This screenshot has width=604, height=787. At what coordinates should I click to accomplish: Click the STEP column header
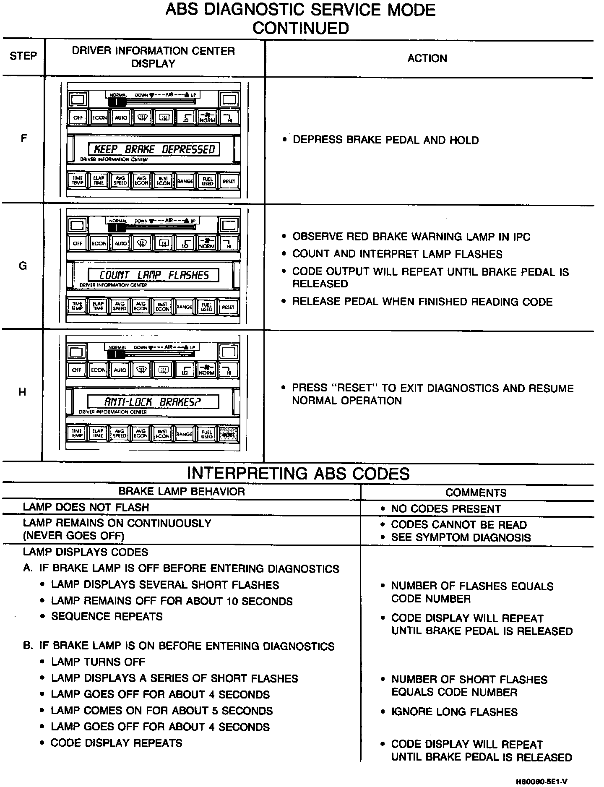pyautogui.click(x=23, y=56)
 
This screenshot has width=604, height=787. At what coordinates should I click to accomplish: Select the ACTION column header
pyautogui.click(x=427, y=58)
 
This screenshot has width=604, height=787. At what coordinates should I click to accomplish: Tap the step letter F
pyautogui.click(x=24, y=138)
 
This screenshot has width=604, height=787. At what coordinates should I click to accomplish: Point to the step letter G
pyautogui.click(x=23, y=266)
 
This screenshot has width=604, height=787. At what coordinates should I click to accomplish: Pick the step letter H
pyautogui.click(x=22, y=392)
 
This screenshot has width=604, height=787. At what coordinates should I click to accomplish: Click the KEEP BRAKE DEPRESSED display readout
pyautogui.click(x=154, y=149)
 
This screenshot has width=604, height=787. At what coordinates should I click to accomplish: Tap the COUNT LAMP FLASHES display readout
pyautogui.click(x=154, y=275)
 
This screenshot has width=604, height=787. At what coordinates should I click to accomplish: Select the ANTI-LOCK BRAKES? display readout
pyautogui.click(x=153, y=402)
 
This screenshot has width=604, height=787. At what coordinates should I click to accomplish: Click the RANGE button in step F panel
pyautogui.click(x=185, y=181)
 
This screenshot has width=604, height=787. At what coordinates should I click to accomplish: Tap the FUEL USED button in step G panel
pyautogui.click(x=207, y=307)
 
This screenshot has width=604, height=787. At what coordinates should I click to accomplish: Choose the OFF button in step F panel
pyautogui.click(x=78, y=118)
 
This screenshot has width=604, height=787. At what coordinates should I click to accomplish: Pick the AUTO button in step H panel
pyautogui.click(x=120, y=370)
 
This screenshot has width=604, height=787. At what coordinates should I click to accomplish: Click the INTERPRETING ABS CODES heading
pyautogui.click(x=298, y=473)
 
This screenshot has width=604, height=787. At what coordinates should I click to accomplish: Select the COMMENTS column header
pyautogui.click(x=476, y=493)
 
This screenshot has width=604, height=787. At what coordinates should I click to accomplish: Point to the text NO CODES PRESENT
pyautogui.click(x=446, y=509)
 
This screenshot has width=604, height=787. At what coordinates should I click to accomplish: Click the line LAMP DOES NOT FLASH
pyautogui.click(x=86, y=507)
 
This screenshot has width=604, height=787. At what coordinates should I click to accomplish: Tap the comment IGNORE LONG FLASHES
pyautogui.click(x=454, y=712)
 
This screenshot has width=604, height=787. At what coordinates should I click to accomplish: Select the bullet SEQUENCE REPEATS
pyautogui.click(x=107, y=616)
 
